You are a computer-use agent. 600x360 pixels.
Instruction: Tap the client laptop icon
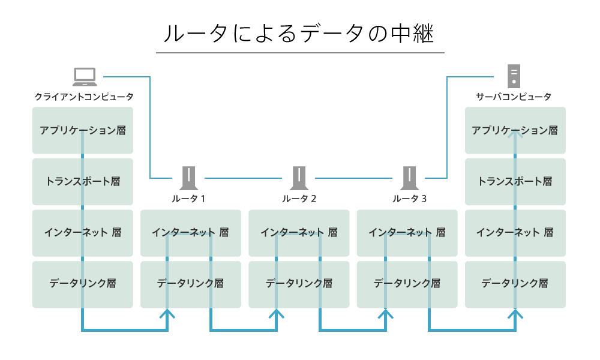coord(85,77)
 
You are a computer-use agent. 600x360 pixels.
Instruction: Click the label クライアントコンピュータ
coord(83,97)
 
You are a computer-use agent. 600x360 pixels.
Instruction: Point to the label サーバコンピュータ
coord(514,97)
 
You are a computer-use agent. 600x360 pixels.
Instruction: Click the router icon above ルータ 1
coord(190,178)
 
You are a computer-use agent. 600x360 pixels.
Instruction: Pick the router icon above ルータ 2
coord(298,178)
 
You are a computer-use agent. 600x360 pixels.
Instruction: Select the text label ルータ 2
coord(299,199)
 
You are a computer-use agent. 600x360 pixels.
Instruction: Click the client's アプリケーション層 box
coord(83,130)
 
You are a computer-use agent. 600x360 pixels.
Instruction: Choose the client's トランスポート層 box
coord(83,181)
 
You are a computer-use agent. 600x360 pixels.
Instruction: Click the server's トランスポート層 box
coord(515,181)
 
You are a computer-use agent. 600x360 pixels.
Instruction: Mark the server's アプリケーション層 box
coord(515,130)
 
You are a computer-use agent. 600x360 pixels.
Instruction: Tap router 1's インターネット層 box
coord(190,232)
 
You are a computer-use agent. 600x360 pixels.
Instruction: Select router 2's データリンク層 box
coord(299,284)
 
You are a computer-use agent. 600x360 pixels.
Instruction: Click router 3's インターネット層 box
coord(407,232)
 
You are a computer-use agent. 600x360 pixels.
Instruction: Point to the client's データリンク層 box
coord(83,284)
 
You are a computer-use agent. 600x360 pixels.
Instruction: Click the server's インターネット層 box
coord(515,232)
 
